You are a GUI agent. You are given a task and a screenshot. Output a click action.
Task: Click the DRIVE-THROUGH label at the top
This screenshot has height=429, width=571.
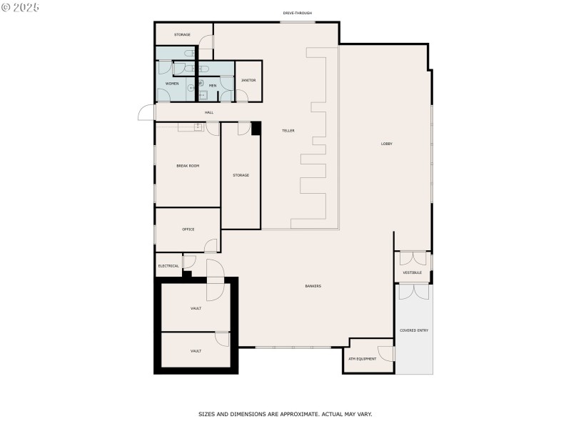tap(298, 13)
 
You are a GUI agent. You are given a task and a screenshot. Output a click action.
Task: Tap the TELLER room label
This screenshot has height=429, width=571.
tap(288, 131)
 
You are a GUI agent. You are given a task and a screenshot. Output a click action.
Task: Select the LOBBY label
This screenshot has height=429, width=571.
tap(386, 144)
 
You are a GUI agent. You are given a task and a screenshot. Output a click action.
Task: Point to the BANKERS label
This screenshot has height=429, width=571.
tap(313, 286)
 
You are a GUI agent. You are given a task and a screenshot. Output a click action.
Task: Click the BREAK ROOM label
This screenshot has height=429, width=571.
tap(188, 166)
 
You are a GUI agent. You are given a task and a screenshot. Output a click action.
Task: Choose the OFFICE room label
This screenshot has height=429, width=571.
tap(188, 230)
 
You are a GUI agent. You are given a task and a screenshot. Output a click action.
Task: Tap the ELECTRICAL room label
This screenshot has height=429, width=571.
tap(168, 266)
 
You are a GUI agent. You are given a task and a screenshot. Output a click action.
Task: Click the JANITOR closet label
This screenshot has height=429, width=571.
tap(248, 80)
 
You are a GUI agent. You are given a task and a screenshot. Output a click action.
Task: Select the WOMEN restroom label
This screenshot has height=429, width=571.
tap(172, 84)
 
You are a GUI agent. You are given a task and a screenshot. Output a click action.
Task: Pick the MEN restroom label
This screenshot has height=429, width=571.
tap(213, 86)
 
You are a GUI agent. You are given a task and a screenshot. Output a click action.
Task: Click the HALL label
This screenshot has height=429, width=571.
tap(209, 112)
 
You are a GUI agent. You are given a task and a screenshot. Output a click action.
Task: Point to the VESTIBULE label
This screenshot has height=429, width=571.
tap(412, 272)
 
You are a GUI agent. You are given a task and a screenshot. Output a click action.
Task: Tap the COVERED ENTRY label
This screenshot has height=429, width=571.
tap(414, 330)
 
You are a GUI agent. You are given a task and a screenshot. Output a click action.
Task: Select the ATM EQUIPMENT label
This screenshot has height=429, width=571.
tap(362, 359)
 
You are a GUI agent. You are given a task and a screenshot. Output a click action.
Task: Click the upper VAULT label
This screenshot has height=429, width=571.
tap(196, 308)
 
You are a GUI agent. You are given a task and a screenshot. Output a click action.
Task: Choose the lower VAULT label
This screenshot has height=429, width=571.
tap(196, 351)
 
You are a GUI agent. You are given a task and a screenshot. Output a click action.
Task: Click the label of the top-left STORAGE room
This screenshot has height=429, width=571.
tap(182, 34)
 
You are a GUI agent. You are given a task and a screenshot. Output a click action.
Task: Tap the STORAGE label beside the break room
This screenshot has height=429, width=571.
tap(241, 175)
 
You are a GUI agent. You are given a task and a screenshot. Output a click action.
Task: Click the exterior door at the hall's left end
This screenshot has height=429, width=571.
tap(146, 114)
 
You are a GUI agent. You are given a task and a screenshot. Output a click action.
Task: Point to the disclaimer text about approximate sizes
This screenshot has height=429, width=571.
tap(285, 414)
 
